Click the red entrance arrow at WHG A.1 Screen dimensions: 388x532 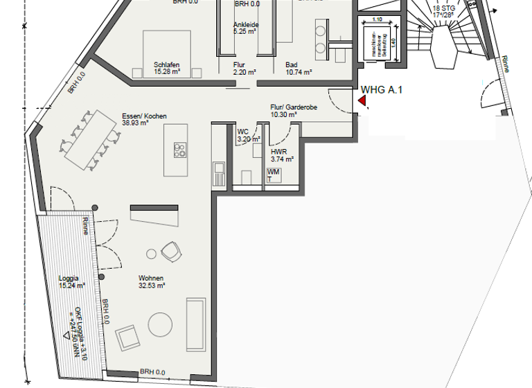[x=362, y=101]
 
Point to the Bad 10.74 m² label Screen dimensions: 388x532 [x=299, y=68]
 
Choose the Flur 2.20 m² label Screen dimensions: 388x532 [x=245, y=68]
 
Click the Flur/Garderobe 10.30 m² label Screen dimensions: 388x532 [x=293, y=111]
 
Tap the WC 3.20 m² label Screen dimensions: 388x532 [x=246, y=134]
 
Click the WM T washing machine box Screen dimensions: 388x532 [x=274, y=175]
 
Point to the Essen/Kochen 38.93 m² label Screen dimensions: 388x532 [x=144, y=119]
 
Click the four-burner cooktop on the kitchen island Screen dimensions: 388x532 [x=180, y=150]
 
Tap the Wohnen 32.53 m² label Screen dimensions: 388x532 [x=151, y=281]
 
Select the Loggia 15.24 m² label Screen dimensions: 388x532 [x=72, y=281]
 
